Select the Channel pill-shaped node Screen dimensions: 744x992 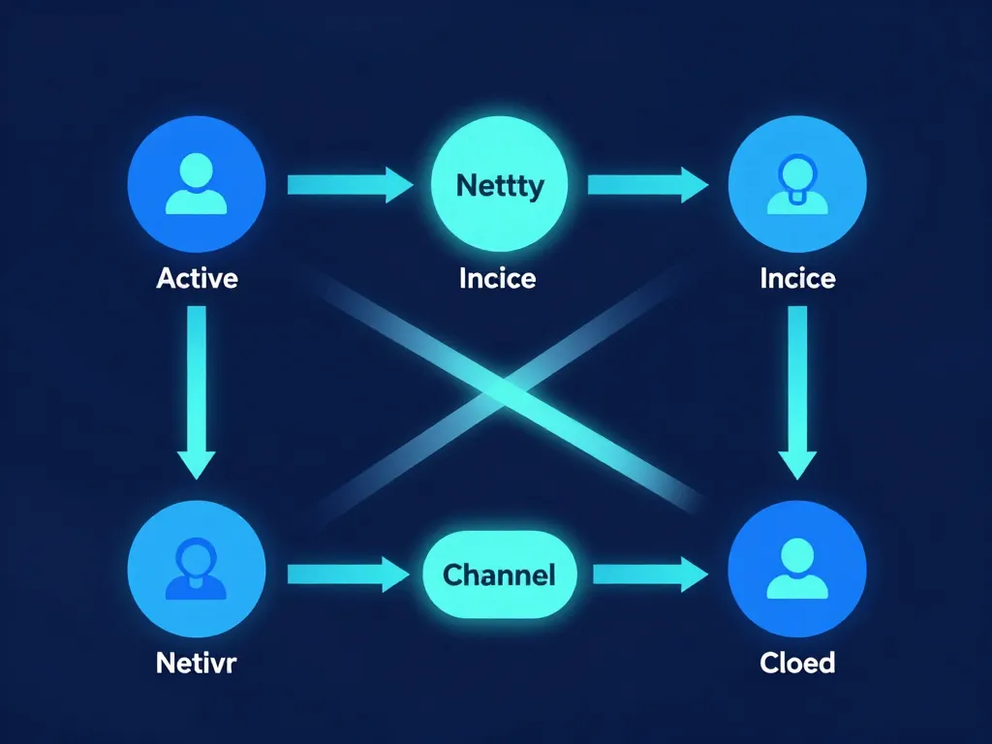(x=499, y=574)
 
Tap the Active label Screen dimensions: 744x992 (x=197, y=279)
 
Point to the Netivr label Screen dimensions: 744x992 (x=197, y=664)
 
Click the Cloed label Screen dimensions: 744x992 (x=797, y=664)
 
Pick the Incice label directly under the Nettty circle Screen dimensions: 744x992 (x=498, y=279)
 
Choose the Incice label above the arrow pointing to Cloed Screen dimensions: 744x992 (x=797, y=279)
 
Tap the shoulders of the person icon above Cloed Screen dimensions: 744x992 (x=797, y=588)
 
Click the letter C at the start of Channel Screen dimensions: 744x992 (x=452, y=574)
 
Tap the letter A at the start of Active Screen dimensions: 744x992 (x=165, y=279)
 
